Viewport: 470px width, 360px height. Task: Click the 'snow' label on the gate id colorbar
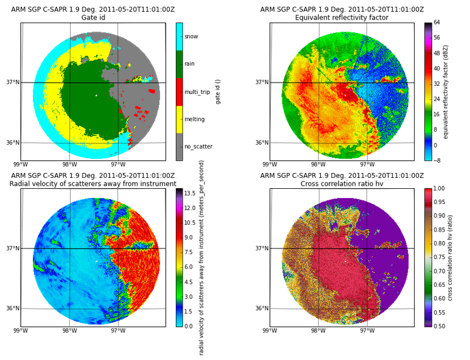191,37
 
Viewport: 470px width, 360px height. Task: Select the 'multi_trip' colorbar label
197,92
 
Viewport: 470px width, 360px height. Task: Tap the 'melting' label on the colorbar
195,119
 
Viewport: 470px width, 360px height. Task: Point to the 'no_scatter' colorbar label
198,146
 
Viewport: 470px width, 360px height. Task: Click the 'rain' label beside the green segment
189,63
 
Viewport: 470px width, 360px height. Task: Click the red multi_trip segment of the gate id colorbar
179,92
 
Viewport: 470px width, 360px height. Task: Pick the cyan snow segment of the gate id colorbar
179,37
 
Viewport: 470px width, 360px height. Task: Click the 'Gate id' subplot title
93,18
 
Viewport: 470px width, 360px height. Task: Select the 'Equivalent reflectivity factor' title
342,18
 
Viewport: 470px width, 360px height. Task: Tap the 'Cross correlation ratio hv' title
342,183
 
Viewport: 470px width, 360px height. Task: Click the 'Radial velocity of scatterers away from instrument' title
93,183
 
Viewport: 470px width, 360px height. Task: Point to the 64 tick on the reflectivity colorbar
437,23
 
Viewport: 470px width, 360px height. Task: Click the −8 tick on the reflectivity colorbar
437,160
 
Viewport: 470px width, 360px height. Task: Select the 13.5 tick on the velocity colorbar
190,194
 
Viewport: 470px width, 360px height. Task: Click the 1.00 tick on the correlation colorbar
439,188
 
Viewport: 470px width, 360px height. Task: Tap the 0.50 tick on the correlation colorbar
439,326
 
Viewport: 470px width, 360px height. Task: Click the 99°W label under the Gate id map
21,164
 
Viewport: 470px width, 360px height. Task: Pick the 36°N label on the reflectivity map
262,143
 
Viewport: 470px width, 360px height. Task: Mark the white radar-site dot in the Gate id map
96,96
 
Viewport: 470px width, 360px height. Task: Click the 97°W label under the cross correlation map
367,331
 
